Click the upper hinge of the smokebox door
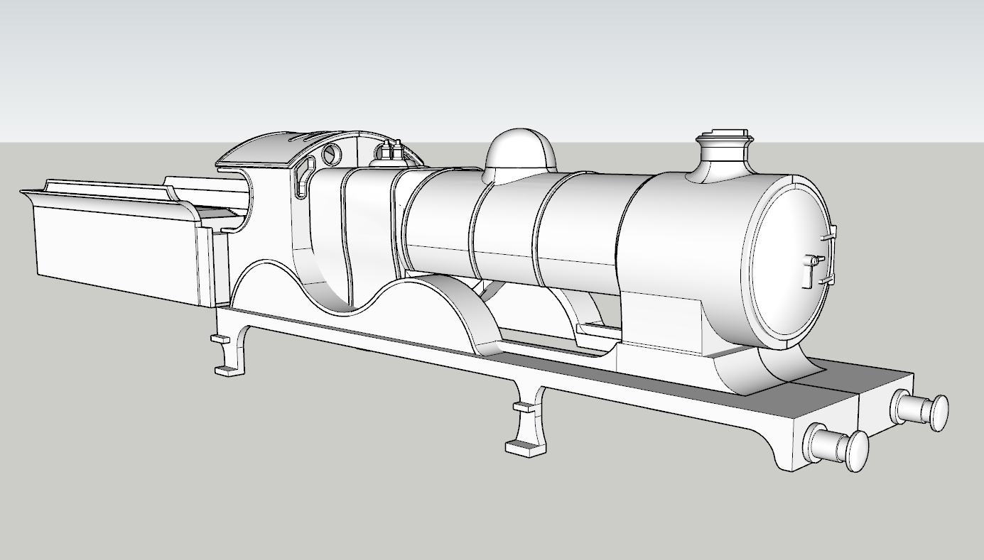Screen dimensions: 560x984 click(830, 232)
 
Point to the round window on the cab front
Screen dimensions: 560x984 click(332, 153)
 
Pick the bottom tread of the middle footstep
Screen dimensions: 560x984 click(522, 447)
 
